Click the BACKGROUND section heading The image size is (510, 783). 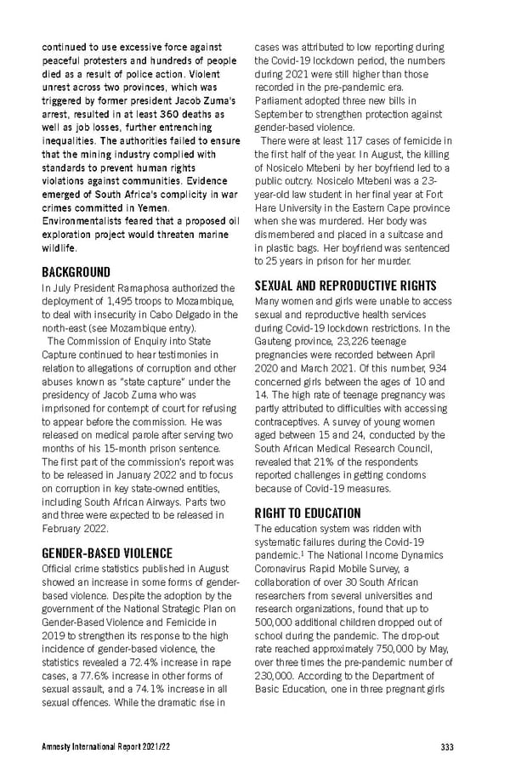pyautogui.click(x=76, y=272)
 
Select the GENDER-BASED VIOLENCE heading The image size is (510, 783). pyautogui.click(x=107, y=553)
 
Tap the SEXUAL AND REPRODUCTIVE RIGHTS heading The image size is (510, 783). pyautogui.click(x=345, y=286)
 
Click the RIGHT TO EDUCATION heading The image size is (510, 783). pyautogui.click(x=308, y=513)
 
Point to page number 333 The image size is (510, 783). pyautogui.click(x=447, y=747)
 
